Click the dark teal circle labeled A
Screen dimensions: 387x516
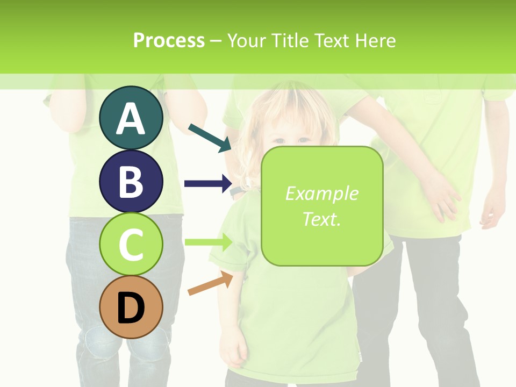click(x=131, y=118)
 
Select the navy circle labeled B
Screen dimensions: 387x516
click(x=131, y=181)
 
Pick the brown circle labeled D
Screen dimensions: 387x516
click(x=131, y=307)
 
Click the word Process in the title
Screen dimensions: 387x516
click(x=169, y=40)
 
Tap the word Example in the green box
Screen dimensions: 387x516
click(x=321, y=193)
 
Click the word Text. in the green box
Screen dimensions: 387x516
click(x=321, y=219)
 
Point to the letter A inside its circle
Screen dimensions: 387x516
click(x=131, y=119)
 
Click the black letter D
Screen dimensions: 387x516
click(x=131, y=308)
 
